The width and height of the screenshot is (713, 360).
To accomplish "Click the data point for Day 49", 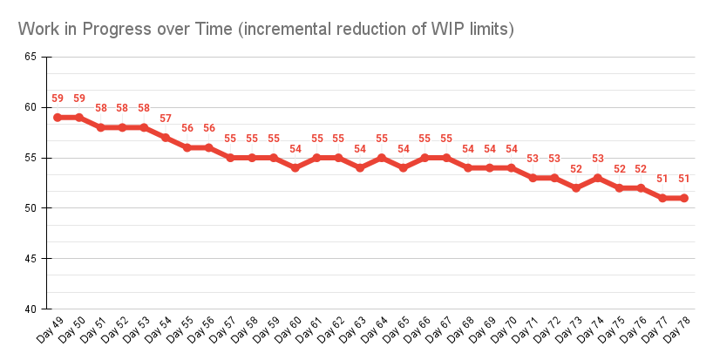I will [x=58, y=117].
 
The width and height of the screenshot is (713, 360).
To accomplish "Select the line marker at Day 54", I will [x=166, y=137].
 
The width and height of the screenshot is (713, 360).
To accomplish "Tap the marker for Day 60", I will [x=295, y=167].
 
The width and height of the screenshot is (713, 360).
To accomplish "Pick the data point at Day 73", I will [x=576, y=187].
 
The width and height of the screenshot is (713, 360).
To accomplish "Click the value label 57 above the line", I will [x=166, y=119].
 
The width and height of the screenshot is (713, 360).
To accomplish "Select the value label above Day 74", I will [x=598, y=159].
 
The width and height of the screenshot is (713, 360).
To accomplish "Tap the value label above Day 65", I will [x=404, y=149].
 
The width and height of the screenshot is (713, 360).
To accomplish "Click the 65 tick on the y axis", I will [x=31, y=57].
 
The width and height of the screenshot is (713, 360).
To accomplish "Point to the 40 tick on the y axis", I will [x=31, y=309].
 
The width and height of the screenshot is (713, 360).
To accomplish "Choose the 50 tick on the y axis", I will [x=31, y=208].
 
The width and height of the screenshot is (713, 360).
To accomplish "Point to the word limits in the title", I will [x=489, y=30].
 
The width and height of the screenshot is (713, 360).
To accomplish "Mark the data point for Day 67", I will [x=446, y=158].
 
